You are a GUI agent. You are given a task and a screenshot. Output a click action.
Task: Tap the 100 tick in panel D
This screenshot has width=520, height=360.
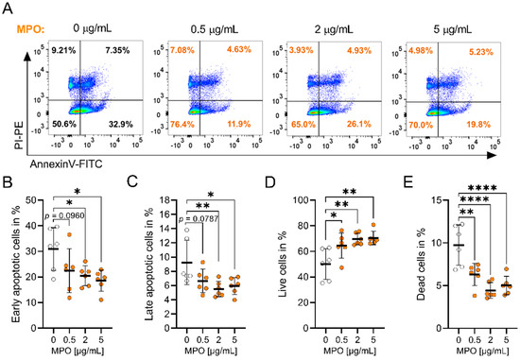[285, 199]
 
